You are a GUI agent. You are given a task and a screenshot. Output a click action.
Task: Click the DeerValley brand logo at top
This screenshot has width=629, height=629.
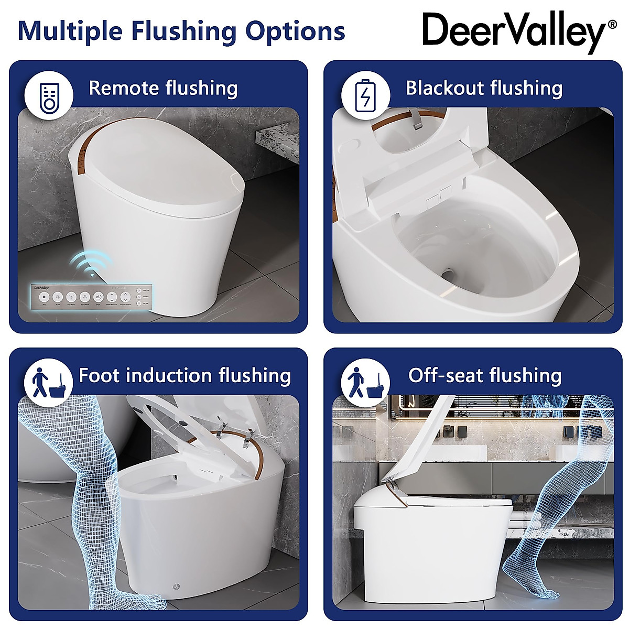coord(514,31)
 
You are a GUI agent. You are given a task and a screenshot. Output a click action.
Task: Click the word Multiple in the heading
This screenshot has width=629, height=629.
coord(69,31)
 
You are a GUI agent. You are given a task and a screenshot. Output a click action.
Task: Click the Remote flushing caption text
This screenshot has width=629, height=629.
coord(163,88)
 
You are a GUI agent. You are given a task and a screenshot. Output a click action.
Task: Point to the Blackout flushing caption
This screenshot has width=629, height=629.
coord(484,88)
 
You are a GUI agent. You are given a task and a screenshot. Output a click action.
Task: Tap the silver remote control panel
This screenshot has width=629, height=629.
coord(92,297)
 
